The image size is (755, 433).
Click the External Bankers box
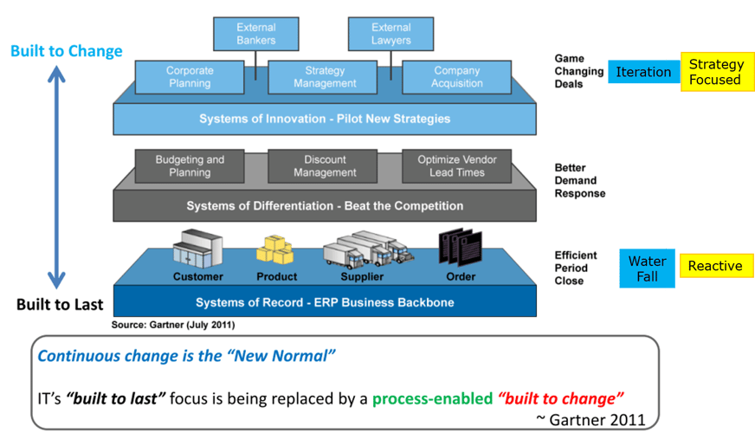tap(255, 34)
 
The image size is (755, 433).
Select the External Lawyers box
tap(390, 34)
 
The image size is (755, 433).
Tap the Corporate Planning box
tap(189, 77)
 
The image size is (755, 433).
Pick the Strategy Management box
tap(325, 77)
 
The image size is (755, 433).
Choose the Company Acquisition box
tap(457, 77)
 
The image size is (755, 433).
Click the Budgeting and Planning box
tap(189, 166)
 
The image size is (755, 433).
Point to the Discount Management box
tap(325, 166)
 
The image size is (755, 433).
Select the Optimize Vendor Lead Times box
tap(457, 166)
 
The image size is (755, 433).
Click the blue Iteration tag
tap(643, 72)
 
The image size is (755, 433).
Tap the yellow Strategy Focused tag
tap(715, 72)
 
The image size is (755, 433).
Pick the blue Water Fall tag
tap(647, 268)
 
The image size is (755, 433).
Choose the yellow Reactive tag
tap(715, 267)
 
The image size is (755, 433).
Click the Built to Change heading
tap(66, 51)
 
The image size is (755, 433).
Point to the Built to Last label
tap(60, 305)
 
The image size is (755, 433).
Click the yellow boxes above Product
tap(276, 249)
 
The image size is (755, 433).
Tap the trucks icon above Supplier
tap(367, 249)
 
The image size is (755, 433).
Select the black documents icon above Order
tap(459, 248)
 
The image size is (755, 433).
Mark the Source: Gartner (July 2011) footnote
tap(172, 326)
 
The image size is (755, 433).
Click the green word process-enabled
tap(432, 398)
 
